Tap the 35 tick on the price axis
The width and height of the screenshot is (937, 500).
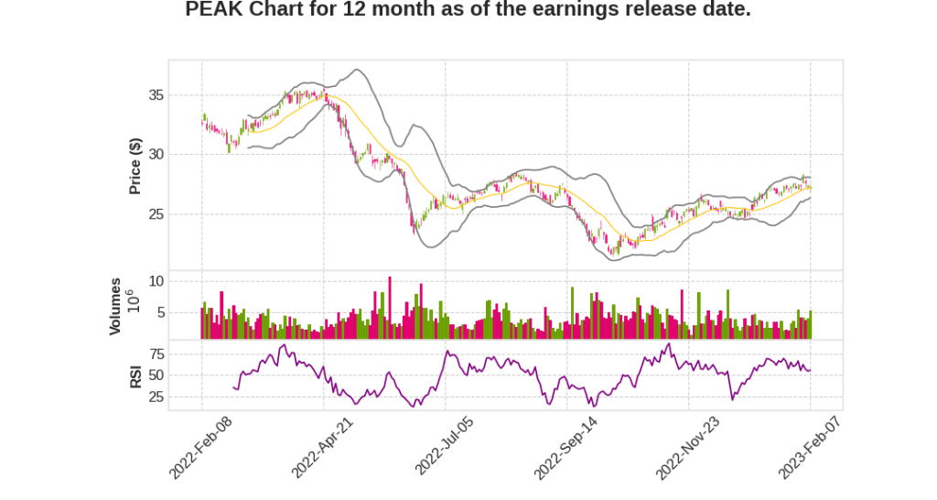(156, 95)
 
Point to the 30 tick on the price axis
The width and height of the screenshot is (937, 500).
(156, 155)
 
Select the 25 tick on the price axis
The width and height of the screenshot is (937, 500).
(156, 214)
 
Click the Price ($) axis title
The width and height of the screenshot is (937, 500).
(135, 166)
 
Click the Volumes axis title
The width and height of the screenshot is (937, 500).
(115, 306)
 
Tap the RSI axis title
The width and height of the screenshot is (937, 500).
(135, 375)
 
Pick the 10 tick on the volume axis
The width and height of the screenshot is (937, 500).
(156, 281)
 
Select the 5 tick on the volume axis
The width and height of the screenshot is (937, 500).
(159, 312)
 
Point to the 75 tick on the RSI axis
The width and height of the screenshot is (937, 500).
(156, 353)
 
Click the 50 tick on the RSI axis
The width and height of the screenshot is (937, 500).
(156, 375)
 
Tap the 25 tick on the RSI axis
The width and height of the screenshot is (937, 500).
(156, 397)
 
